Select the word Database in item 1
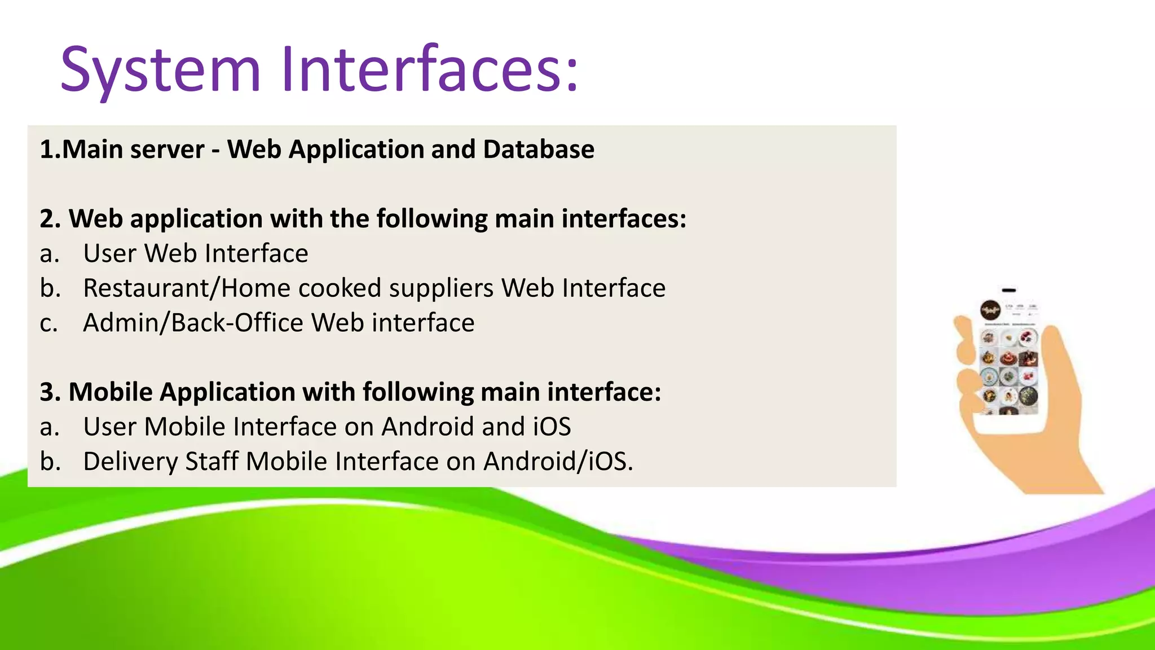(539, 150)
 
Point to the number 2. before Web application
(50, 219)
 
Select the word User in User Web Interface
(110, 253)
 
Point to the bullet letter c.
(49, 323)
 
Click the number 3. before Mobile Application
(50, 392)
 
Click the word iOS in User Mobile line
(552, 427)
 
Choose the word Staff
(212, 462)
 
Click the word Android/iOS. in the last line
(558, 462)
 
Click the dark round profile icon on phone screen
(990, 310)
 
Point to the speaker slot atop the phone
(1009, 290)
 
